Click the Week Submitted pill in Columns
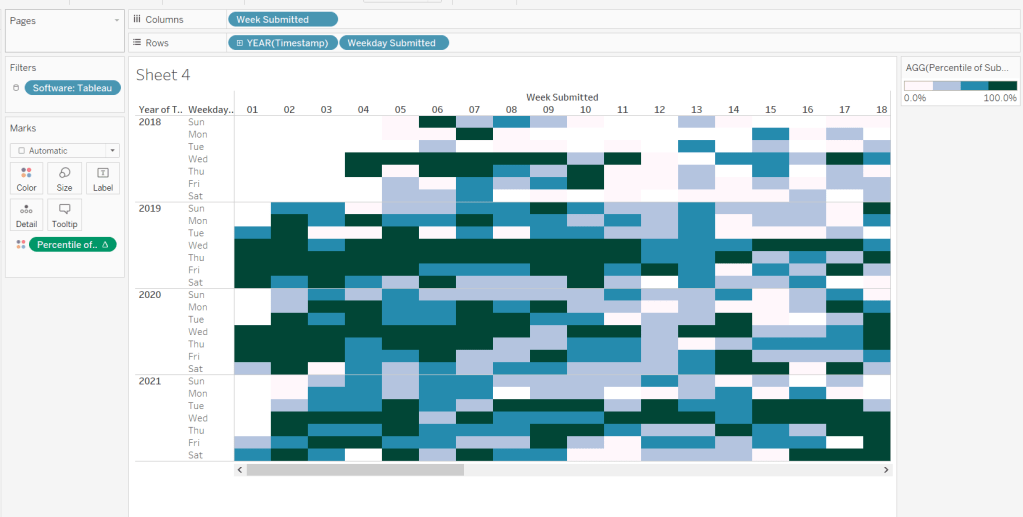pos(282,19)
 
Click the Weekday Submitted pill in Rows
pos(394,43)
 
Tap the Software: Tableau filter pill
pos(73,88)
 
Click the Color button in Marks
pos(26,178)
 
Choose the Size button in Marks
pos(64,178)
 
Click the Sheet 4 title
pos(163,75)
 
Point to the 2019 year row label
pos(150,208)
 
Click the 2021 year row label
pos(150,381)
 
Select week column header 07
pos(474,109)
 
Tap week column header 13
pos(696,109)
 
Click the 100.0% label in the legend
pos(1000,98)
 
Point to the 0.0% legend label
pos(915,98)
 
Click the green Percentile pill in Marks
pos(72,244)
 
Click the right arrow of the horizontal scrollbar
pos(886,469)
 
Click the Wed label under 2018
pos(198,159)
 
